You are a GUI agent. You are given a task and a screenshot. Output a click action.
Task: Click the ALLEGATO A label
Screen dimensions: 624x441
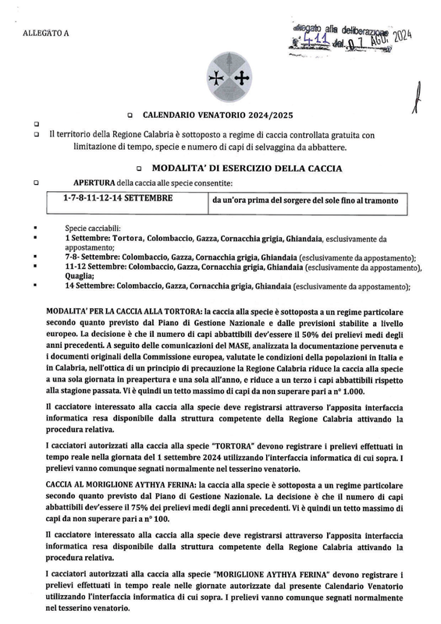point(46,33)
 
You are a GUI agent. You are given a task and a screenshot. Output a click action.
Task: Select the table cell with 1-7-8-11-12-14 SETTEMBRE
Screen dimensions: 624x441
point(118,199)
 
